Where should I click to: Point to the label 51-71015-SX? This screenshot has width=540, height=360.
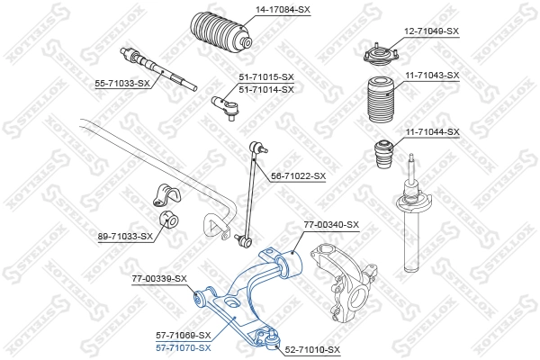(266, 78)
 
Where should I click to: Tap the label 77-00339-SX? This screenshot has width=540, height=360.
(157, 278)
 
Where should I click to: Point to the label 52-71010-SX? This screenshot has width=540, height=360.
(311, 348)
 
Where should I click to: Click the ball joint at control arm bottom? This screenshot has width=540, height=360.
(267, 337)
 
